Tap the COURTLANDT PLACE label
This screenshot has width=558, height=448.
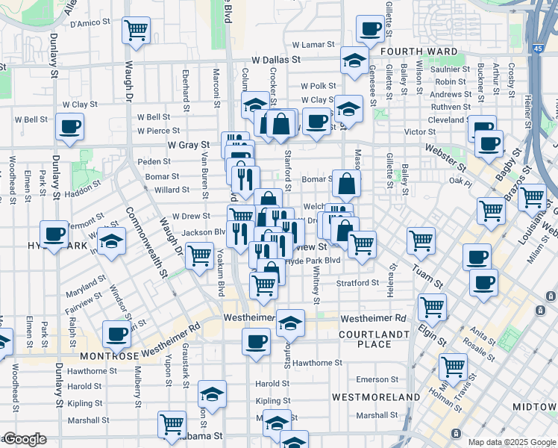pos(374,339)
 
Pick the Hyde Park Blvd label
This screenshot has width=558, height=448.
pos(313,261)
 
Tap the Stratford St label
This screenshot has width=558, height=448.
pos(357,284)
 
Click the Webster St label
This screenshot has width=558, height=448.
pos(445,149)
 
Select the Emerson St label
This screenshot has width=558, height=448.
pos(377,379)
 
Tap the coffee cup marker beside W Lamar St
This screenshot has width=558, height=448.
pos(370,30)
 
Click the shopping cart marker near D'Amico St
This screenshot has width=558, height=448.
pos(136,31)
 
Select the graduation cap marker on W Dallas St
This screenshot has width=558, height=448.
pos(354,60)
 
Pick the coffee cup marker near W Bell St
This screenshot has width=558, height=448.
pos(69,126)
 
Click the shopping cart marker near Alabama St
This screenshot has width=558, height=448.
pos(172,424)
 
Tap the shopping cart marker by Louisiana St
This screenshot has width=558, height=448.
pos(533,198)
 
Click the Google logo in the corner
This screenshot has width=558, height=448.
pos(25,440)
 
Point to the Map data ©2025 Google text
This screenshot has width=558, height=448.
pos(512,442)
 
